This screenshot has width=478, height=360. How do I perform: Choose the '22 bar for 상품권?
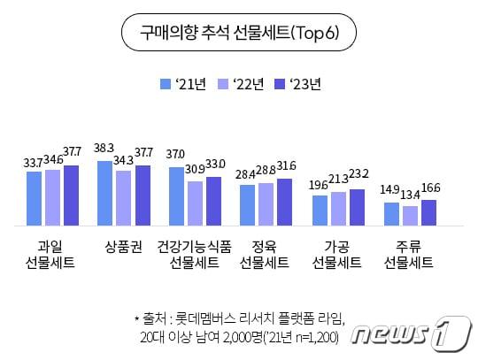(x=124, y=197)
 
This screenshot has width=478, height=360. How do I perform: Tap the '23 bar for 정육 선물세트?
(x=284, y=201)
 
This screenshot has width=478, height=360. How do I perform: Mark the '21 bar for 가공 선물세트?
(x=320, y=210)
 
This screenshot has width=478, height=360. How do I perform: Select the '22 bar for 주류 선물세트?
(x=409, y=215)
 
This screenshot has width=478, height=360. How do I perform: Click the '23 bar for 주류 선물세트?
(x=428, y=212)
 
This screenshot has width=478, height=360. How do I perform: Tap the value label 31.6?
(x=286, y=166)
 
